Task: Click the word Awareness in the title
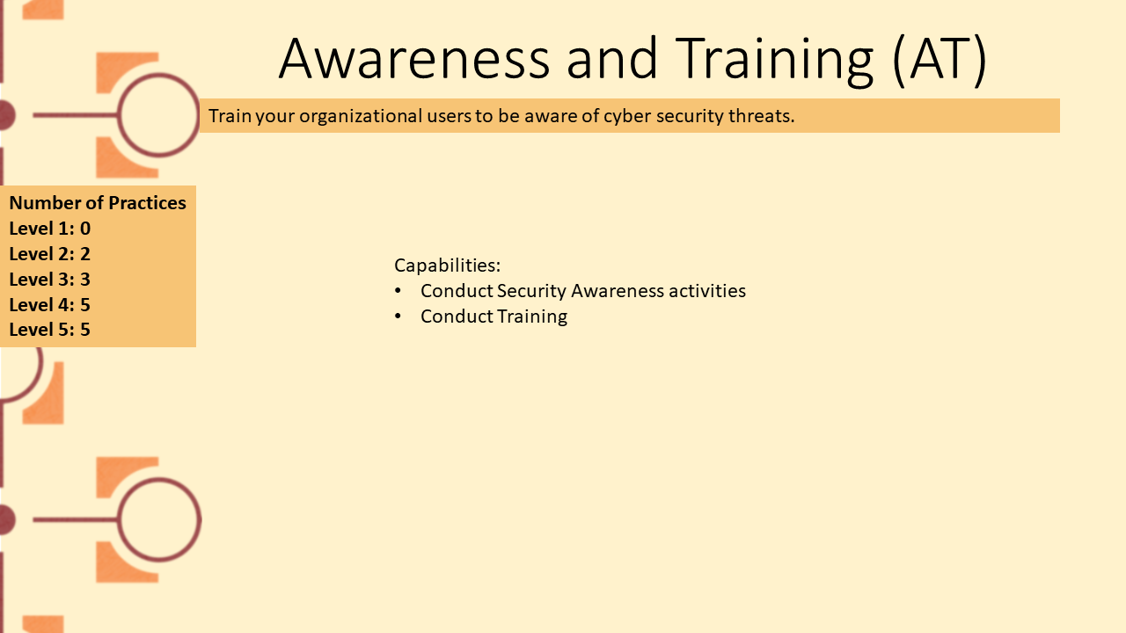tap(414, 59)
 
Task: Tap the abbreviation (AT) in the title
tap(940, 61)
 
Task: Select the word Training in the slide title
tap(774, 62)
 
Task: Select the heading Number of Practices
tap(98, 203)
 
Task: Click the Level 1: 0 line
tap(50, 229)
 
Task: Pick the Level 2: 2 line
tap(50, 254)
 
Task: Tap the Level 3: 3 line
tap(50, 280)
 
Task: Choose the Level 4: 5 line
tap(50, 304)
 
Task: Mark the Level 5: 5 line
tap(50, 330)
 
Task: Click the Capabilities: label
tap(448, 266)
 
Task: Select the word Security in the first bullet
tap(531, 291)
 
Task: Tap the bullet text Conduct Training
tap(494, 316)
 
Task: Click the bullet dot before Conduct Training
tap(398, 316)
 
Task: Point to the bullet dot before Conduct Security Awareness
tap(398, 290)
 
